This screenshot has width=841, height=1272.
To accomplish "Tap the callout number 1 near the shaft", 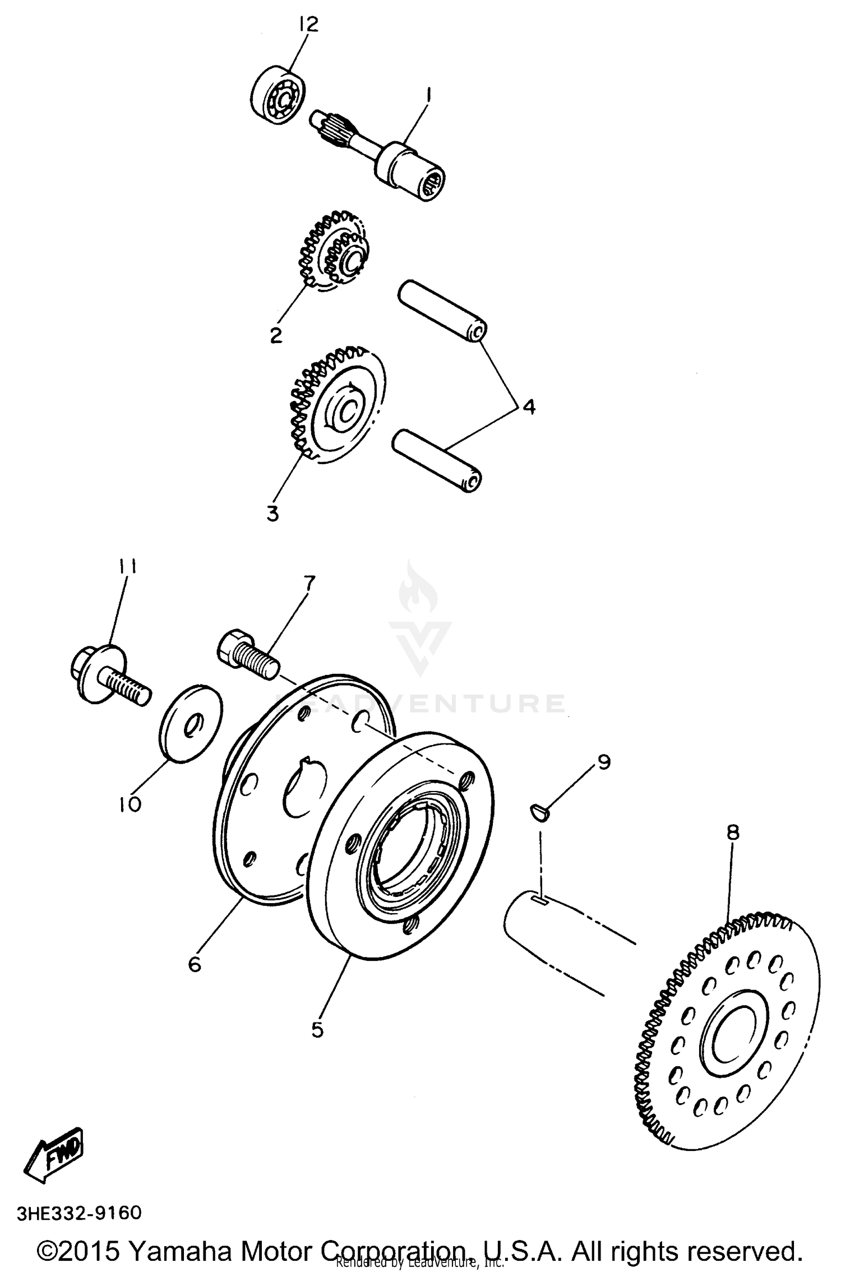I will coord(428,97).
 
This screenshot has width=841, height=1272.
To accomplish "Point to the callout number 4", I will coord(528,406).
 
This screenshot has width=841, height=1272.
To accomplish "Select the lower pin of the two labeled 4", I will coord(438,460).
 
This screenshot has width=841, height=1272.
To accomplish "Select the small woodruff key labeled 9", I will coord(540,812).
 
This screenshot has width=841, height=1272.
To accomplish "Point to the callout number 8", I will coord(733,832).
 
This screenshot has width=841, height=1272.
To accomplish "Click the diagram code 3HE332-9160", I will coord(80,1213).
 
